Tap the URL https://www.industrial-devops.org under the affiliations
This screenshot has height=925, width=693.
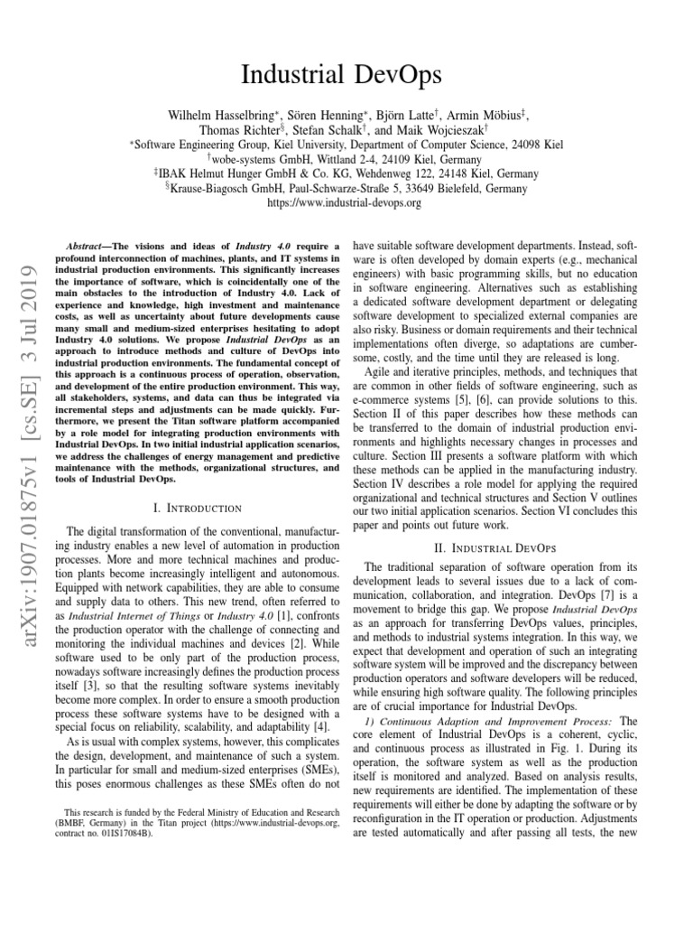(x=346, y=203)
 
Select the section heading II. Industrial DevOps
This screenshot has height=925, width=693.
(x=495, y=547)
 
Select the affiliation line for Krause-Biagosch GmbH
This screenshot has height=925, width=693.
(x=346, y=188)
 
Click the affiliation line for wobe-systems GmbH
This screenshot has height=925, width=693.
(x=346, y=158)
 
